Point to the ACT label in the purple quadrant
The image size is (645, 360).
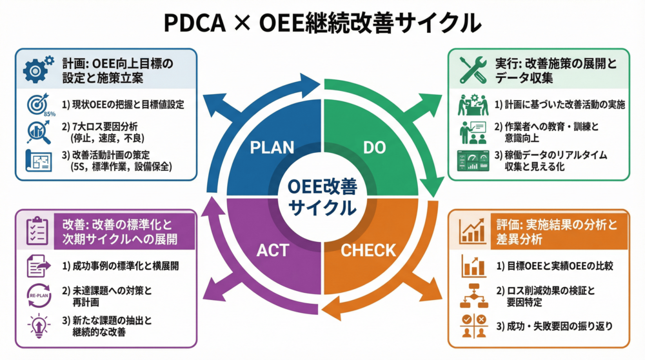273,250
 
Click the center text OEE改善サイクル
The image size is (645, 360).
322,197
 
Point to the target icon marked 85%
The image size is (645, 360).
39,105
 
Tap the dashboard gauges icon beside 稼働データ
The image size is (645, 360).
474,161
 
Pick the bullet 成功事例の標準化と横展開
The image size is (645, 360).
119,265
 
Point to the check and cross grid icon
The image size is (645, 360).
474,325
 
